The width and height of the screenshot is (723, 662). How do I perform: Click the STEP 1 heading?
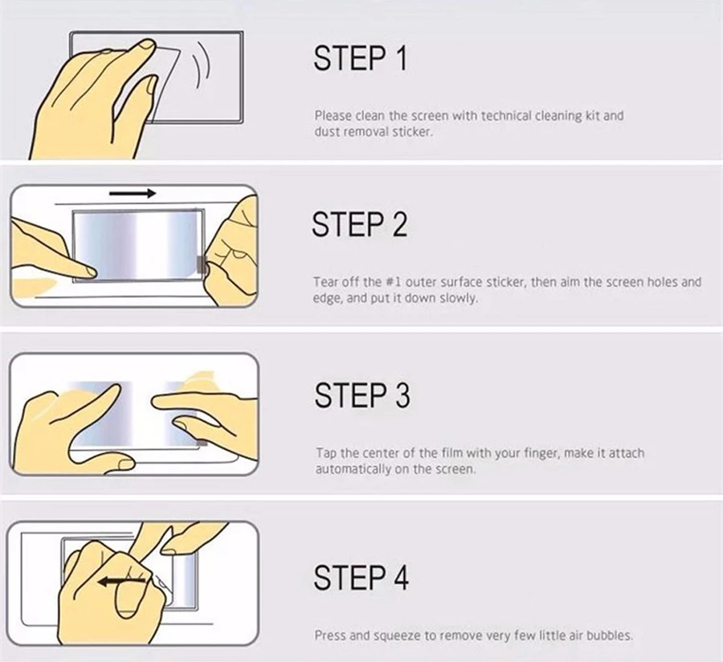(361, 58)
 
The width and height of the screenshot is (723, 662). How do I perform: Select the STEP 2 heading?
(360, 224)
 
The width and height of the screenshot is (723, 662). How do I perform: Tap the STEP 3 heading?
(362, 395)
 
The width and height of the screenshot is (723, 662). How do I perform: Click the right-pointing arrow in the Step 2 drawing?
(133, 193)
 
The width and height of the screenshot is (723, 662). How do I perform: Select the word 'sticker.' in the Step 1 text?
(413, 132)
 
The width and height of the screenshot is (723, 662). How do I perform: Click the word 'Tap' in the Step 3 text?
(326, 454)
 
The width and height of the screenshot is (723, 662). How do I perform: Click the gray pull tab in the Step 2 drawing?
(201, 264)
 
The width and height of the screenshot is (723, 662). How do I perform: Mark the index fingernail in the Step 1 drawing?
(147, 45)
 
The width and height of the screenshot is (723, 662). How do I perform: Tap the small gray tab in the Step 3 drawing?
(202, 443)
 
